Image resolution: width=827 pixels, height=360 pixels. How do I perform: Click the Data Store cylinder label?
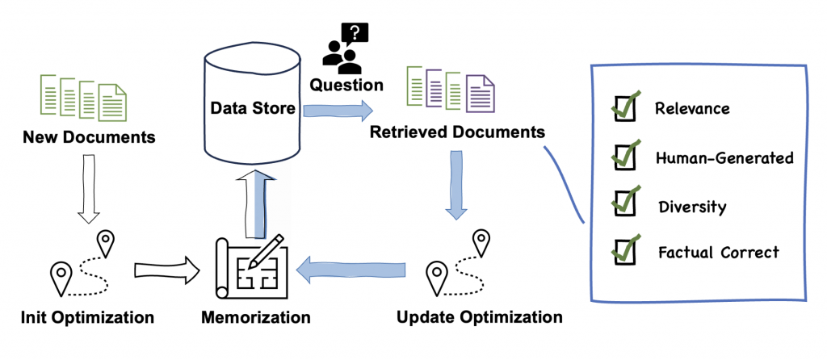coord(252,108)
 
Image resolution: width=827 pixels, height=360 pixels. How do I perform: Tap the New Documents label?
coord(89,137)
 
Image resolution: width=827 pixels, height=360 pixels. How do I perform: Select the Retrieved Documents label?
coord(457,131)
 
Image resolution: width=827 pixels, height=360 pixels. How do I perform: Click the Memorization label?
coord(255,317)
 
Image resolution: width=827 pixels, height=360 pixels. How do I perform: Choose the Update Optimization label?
coord(480,317)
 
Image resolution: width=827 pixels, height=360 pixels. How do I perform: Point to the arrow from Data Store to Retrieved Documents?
coord(339,108)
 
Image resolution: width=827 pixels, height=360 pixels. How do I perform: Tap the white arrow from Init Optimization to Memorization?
coord(166,270)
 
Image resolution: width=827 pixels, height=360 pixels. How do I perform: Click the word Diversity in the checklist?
coord(691,207)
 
